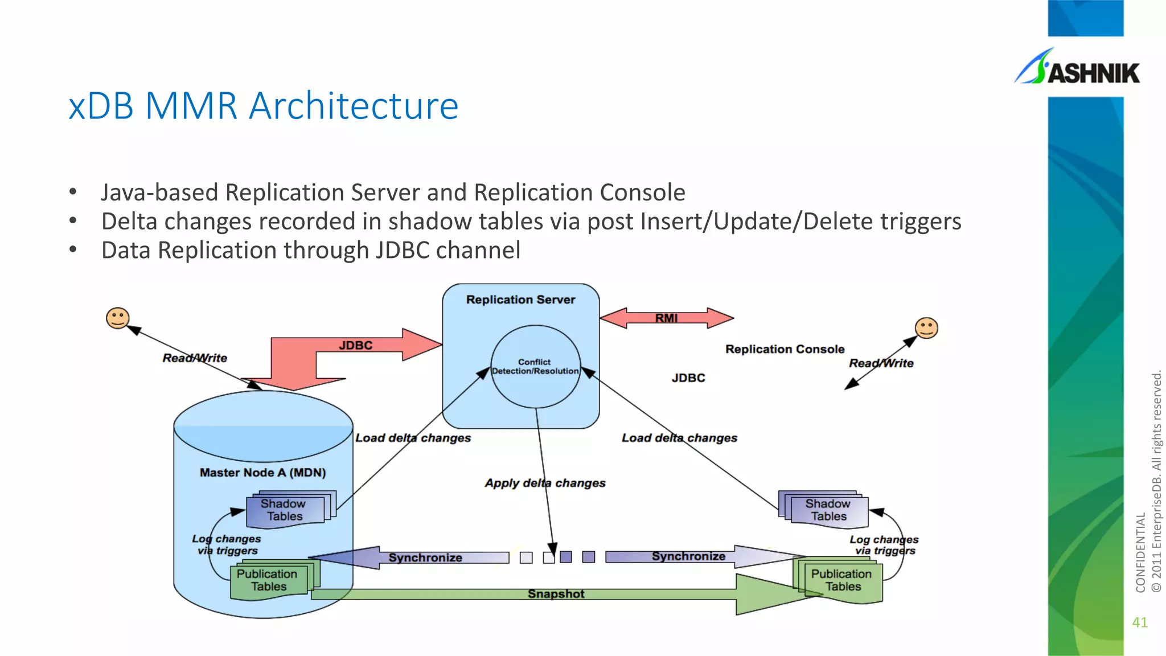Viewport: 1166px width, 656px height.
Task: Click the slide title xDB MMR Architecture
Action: click(263, 106)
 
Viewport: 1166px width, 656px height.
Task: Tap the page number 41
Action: click(1140, 622)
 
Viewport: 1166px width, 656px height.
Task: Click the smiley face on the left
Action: click(118, 318)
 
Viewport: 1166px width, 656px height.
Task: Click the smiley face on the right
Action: click(926, 328)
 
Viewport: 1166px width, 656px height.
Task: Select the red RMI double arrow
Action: click(666, 318)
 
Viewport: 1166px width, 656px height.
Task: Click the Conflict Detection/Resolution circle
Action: click(535, 366)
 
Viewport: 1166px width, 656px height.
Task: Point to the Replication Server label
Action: click(520, 300)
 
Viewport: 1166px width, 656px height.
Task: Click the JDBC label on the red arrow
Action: click(356, 345)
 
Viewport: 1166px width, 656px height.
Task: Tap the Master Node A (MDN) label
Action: click(262, 473)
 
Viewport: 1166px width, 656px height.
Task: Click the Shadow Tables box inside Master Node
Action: click(285, 510)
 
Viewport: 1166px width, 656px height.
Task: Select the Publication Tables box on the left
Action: click(268, 580)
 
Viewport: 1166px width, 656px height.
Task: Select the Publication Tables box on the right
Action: click(841, 580)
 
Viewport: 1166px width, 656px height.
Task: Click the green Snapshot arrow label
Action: click(556, 594)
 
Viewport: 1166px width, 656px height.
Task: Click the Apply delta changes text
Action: click(545, 483)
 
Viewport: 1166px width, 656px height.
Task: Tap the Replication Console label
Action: click(785, 349)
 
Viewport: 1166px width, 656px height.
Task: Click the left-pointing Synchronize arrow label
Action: click(425, 557)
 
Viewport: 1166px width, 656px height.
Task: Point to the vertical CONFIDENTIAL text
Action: click(1140, 552)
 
